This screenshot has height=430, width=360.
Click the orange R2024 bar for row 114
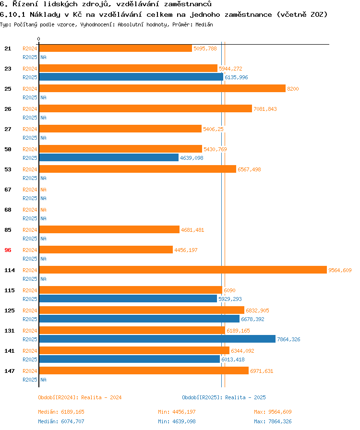[x=182, y=270]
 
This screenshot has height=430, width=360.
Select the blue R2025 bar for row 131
[x=157, y=339]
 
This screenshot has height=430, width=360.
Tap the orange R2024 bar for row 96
[x=106, y=250]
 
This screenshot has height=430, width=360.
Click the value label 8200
[x=293, y=89]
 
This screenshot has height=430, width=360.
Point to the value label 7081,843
[x=265, y=109]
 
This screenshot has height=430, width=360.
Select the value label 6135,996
[x=236, y=77]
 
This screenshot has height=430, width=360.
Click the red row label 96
[x=8, y=250]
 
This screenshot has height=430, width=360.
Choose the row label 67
[x=8, y=190]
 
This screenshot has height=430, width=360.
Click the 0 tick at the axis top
[x=39, y=39]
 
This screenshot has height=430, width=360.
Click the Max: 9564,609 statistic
[x=273, y=412]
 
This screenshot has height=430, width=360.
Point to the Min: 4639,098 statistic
[x=177, y=421]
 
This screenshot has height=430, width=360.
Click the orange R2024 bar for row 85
[x=109, y=230]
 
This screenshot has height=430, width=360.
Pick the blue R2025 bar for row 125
[x=139, y=319]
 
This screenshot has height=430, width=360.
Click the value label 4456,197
[x=186, y=250]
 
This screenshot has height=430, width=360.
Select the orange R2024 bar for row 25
[x=162, y=89]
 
